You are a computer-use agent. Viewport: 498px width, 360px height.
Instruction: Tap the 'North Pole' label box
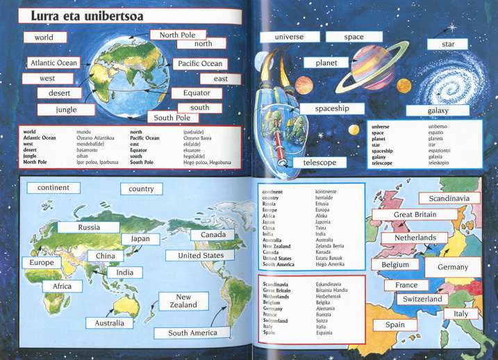coord(177,35)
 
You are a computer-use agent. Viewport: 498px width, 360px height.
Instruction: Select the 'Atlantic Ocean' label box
coord(53,63)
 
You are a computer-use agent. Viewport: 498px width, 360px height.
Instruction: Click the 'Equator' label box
coord(197,92)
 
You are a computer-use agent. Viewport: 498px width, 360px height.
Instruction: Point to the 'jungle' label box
coord(67,109)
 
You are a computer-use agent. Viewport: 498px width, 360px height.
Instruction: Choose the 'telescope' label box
coord(319,162)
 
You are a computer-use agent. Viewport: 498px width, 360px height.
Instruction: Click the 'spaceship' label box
coord(331,108)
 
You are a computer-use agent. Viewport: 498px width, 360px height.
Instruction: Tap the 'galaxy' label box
coord(438,111)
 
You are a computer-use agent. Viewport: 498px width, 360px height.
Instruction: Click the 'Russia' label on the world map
coord(89,227)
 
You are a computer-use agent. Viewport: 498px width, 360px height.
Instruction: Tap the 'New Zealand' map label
coord(183,301)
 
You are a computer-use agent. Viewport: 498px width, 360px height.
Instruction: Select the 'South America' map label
coord(192,333)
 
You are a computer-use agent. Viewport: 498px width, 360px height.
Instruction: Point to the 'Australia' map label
coord(110,323)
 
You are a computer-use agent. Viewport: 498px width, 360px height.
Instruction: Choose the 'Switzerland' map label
coord(422,299)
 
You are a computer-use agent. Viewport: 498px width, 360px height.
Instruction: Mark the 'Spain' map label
coord(395,325)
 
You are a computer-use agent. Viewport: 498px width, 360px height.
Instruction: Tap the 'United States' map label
coord(195,255)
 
